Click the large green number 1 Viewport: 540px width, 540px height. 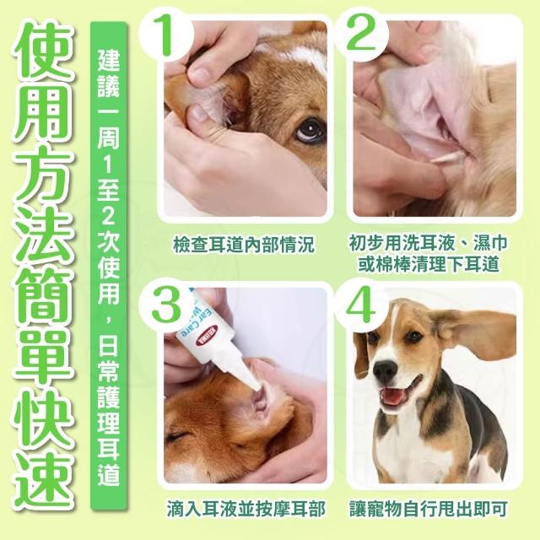pos(165,35)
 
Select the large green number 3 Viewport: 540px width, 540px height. pos(167,303)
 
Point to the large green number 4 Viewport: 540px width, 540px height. pos(361,304)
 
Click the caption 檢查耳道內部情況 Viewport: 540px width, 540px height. pos(244,245)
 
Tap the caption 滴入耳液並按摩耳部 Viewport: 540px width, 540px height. pos(246,510)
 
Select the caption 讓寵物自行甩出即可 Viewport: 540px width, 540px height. pos(429,510)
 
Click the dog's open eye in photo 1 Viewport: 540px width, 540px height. pos(310,130)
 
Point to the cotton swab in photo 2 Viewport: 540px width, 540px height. pos(445,158)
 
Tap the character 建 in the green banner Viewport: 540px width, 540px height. pos(108,59)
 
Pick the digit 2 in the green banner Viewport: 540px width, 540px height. pos(108,216)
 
